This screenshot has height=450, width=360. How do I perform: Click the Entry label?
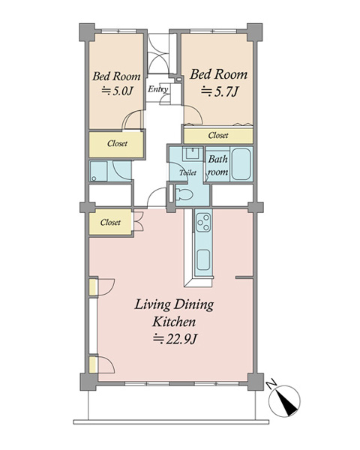157,89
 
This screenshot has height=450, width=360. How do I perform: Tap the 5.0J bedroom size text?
118,91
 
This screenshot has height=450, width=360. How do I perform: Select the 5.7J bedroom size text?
220,91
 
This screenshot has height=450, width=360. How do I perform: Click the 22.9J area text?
175,339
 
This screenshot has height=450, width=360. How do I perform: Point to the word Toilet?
188,172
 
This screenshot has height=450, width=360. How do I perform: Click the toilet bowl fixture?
184,196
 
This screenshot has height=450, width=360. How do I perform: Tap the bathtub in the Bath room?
241,163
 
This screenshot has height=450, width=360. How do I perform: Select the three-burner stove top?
203,222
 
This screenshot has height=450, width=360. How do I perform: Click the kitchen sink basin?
203,259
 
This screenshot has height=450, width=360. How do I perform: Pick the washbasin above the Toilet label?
193,153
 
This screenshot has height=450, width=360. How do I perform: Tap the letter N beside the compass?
271,384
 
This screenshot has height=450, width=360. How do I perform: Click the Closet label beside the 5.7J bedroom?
218,135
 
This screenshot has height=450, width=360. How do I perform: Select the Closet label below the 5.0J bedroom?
117,143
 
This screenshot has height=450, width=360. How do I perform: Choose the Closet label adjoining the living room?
110,222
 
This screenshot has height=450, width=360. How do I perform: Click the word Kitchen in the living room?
174,322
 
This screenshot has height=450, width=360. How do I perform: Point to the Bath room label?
218,165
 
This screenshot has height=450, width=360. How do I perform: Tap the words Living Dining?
174,304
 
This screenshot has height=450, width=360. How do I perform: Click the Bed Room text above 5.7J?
218,74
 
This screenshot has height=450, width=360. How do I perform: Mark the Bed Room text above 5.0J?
116,76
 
